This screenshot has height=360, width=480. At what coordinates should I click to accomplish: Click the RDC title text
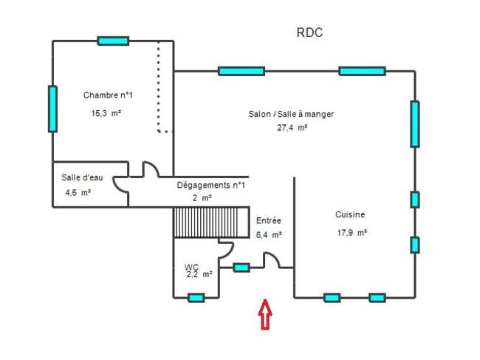pos(309,33)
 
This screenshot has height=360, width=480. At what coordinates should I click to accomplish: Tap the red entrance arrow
pos(265,314)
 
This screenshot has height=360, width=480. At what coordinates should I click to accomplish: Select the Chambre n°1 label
pos(108,95)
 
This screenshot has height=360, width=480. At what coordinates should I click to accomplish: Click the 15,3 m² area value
pos(106,113)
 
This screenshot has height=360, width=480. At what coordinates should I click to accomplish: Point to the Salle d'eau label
pos(82,177)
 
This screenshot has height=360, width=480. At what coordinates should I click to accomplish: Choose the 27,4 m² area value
pos(292,127)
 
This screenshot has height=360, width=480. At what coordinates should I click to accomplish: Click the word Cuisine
pos(350,214)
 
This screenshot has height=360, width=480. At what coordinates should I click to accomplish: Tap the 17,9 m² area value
pos(352,233)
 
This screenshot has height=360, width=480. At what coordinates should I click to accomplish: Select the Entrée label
pos(269,220)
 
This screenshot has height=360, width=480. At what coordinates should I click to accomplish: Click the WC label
pos(191,267)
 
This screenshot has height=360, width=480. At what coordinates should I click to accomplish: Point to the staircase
pos(211,222)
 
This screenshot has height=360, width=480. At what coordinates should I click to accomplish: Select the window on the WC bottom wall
pos(196,297)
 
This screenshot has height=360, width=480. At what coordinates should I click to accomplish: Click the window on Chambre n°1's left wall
pos(52,109)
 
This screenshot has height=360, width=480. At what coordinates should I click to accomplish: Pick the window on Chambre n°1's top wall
pos(113,41)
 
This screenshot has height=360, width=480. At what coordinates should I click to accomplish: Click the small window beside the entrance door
pos(241,268)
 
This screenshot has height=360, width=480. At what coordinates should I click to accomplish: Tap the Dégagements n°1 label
pos(211,185)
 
